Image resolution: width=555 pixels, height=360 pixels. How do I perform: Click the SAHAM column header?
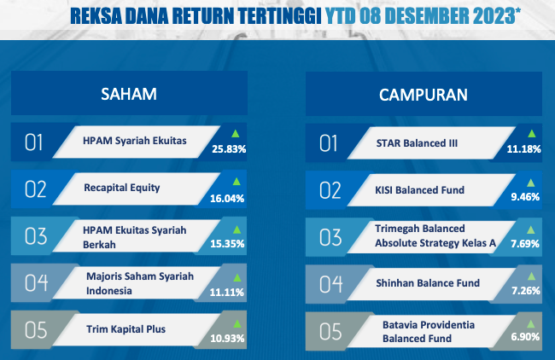(129, 94)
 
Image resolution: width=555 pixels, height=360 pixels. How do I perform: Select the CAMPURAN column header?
(424, 95)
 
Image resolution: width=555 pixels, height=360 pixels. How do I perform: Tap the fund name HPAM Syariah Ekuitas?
(135, 141)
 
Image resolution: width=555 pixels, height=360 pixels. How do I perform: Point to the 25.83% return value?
(229, 149)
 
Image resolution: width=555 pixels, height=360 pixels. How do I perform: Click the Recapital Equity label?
(122, 188)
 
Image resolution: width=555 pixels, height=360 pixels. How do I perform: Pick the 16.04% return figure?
(227, 199)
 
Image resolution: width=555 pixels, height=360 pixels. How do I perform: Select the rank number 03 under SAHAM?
(36, 236)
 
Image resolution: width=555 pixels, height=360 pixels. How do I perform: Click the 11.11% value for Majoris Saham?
(227, 293)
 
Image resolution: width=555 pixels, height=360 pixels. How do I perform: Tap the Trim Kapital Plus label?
(126, 329)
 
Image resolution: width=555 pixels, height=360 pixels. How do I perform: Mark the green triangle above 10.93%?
(237, 323)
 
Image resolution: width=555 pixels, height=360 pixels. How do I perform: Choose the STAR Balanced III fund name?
(417, 143)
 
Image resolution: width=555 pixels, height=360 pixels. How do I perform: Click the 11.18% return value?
(524, 149)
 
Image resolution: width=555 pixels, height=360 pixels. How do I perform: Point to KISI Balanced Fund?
(420, 190)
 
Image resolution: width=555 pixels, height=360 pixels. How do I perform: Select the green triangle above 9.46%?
(530, 183)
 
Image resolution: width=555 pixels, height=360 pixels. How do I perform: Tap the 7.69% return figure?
(525, 244)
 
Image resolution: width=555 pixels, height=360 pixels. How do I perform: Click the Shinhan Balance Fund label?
(428, 283)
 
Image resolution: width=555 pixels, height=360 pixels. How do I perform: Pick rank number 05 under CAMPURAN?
(330, 332)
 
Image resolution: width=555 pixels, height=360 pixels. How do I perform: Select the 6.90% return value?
(525, 337)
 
